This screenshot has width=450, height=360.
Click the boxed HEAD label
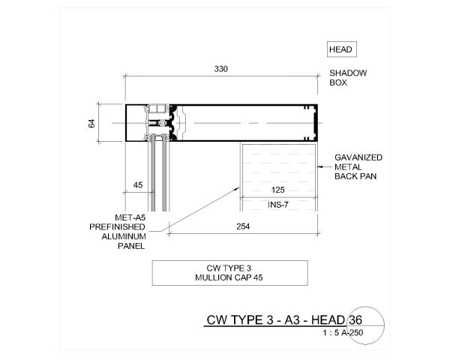tap(341, 50)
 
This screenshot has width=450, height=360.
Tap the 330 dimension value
tap(220, 69)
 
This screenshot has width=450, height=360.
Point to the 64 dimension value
tap(92, 123)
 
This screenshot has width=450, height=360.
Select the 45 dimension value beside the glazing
tap(138, 184)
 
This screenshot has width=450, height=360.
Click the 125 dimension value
tap(277, 191)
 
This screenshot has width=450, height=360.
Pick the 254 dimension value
tap(241, 226)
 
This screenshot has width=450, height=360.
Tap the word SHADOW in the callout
tap(348, 73)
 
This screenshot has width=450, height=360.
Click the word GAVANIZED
tap(359, 157)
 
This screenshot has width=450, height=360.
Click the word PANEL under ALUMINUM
tap(130, 244)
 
